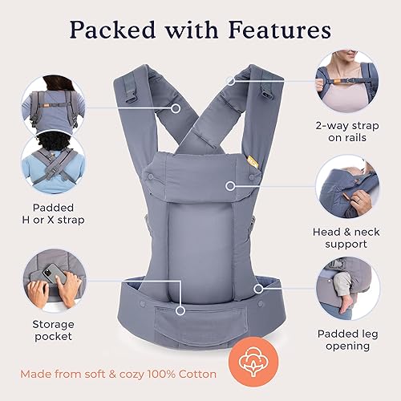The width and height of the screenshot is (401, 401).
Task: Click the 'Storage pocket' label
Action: pyautogui.click(x=52, y=329)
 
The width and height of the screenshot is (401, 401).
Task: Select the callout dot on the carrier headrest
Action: pyautogui.click(x=230, y=185)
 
